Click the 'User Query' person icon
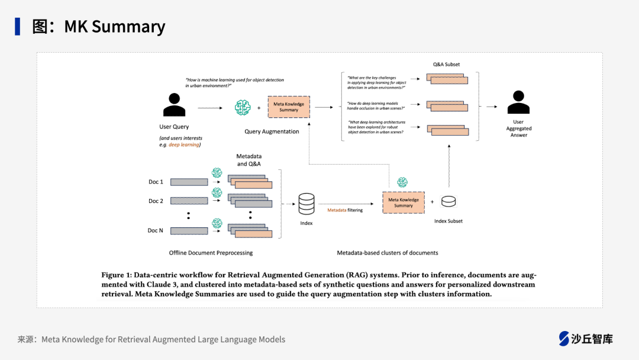point(174,105)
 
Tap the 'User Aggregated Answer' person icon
point(518,102)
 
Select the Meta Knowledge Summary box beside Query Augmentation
point(289,107)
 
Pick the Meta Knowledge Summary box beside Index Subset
point(404,202)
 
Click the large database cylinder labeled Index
point(306,204)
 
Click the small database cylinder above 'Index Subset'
point(448,202)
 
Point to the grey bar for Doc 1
point(189,182)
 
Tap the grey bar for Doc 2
point(189,201)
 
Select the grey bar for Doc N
point(189,230)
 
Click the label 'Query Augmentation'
point(272,131)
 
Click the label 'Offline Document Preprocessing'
point(211,253)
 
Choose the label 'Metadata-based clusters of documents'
point(388,253)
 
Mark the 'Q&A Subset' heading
point(446,65)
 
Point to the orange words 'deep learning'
point(184,144)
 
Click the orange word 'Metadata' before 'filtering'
point(337,210)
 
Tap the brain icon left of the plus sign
point(243,107)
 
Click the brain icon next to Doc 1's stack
point(217,172)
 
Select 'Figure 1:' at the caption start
point(116,275)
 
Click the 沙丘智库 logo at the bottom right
point(586,339)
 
